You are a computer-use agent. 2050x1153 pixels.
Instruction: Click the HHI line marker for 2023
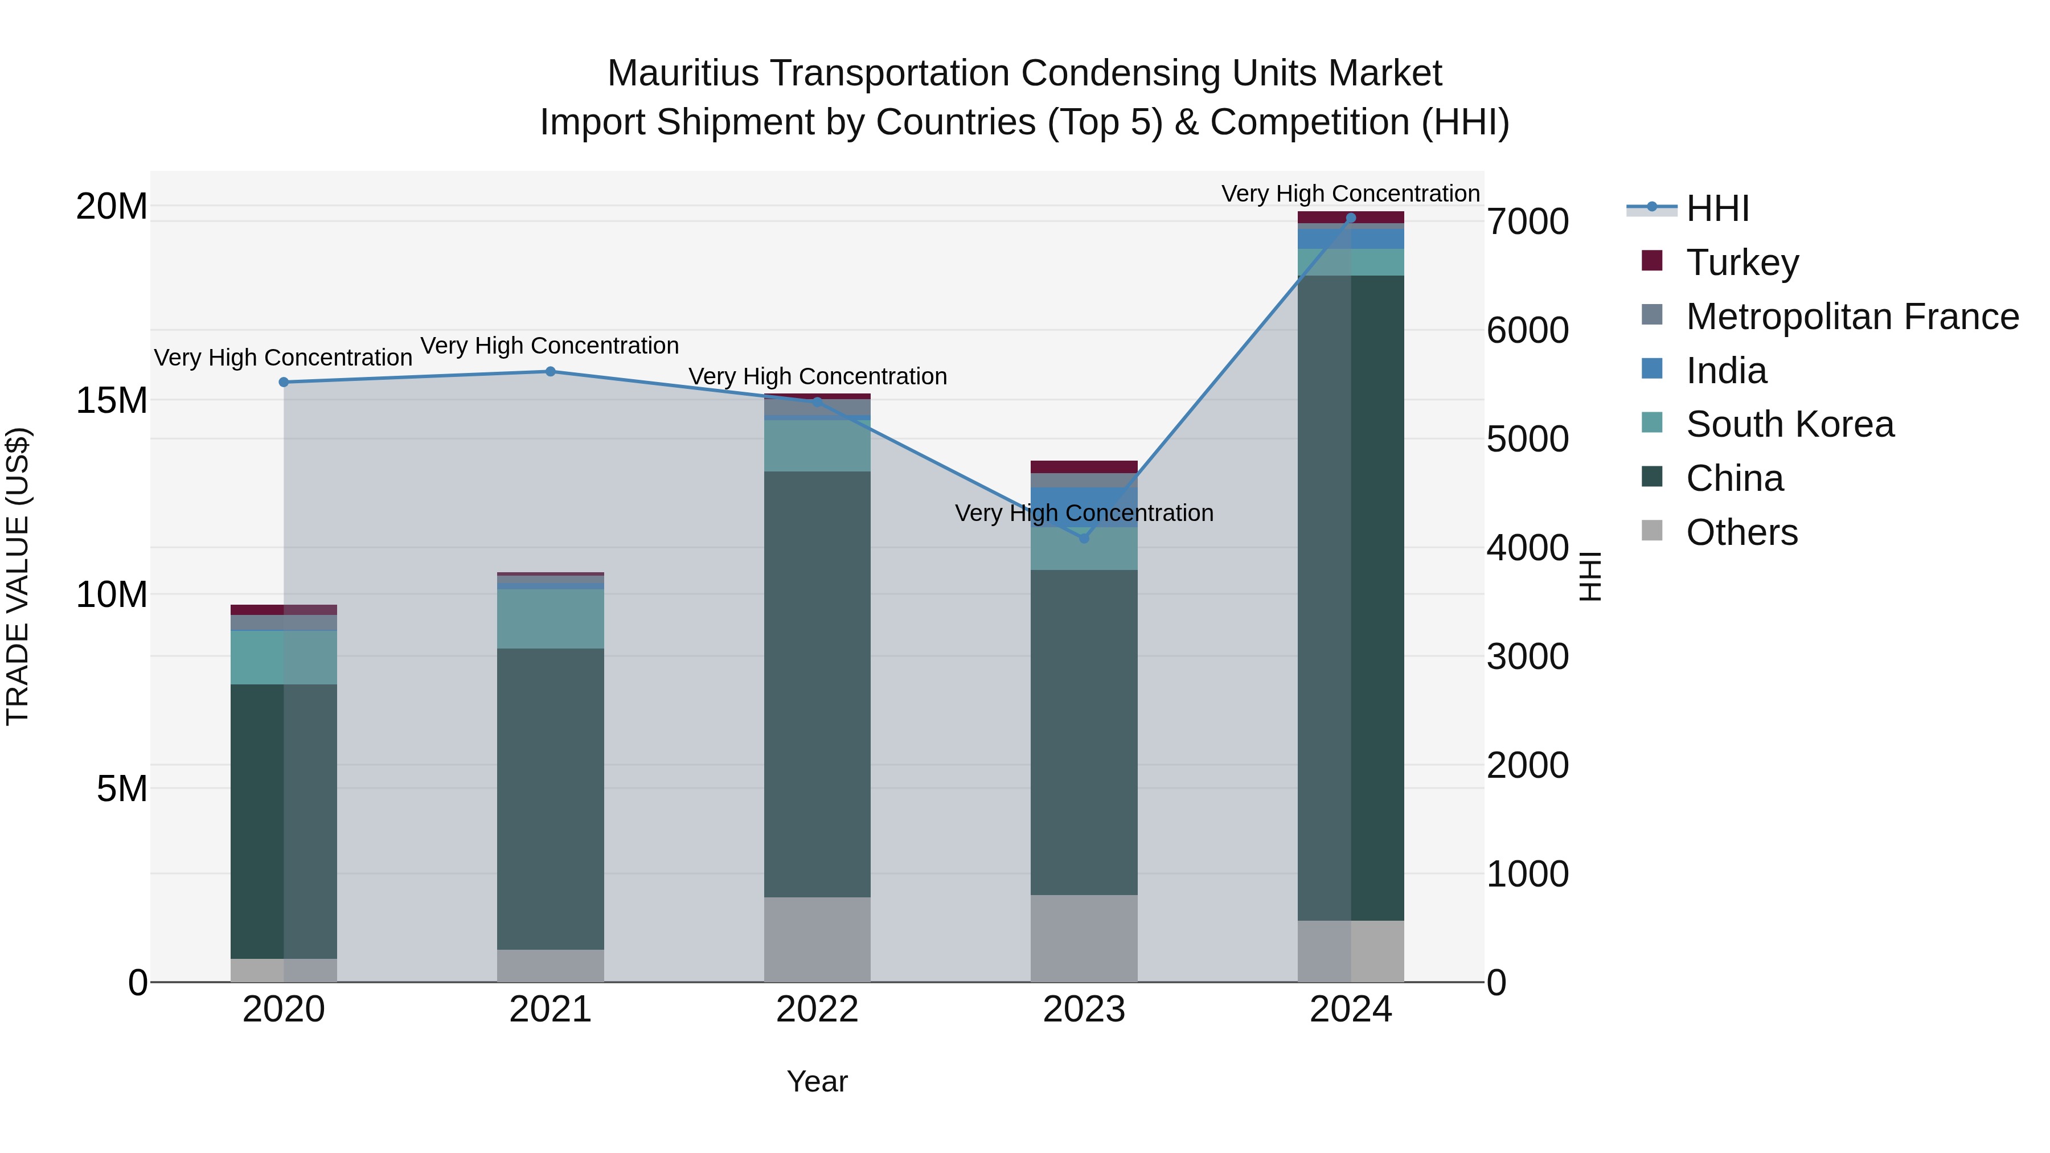point(1084,539)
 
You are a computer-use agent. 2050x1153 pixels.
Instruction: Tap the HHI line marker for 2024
point(1351,218)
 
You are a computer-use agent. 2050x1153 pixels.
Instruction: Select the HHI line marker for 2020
point(284,382)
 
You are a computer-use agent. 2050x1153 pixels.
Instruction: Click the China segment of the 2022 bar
point(817,684)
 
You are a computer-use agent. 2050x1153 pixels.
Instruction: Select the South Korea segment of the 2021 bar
point(551,618)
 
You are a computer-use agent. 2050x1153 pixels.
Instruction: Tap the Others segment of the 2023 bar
point(1084,938)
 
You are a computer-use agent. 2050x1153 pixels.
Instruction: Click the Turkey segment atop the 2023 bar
point(1084,467)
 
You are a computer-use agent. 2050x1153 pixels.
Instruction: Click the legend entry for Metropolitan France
point(1852,317)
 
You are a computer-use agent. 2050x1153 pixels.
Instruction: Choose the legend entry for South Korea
point(1790,424)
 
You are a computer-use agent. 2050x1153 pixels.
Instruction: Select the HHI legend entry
point(1717,208)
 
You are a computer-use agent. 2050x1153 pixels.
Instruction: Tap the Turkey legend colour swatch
point(1652,261)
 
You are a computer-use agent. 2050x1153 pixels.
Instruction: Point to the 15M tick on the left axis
point(112,400)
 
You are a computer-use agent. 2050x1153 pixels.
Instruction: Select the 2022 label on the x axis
point(817,1010)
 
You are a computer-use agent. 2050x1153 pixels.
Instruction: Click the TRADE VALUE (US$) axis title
point(18,576)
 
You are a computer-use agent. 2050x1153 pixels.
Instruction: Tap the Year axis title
point(817,1081)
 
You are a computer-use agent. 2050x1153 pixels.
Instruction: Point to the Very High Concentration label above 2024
point(1351,194)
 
